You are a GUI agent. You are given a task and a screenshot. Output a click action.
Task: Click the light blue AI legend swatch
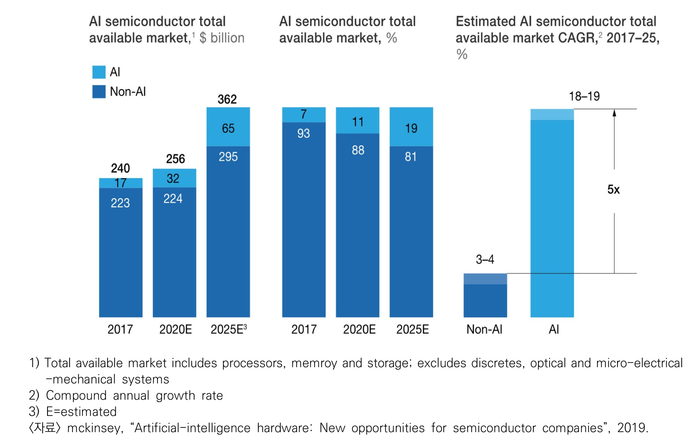[x=99, y=72]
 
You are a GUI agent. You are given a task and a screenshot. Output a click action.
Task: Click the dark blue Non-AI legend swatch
[x=99, y=92]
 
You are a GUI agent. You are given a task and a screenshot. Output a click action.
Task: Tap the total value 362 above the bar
[x=227, y=99]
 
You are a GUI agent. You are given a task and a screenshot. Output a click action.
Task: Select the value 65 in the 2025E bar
[x=228, y=128]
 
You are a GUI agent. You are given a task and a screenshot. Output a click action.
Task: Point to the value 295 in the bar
[x=228, y=157]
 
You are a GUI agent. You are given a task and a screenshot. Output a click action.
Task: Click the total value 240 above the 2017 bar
[x=120, y=168]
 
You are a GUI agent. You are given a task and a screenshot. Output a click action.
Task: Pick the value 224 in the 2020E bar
[x=173, y=199]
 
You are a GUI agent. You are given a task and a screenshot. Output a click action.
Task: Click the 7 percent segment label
[x=304, y=114]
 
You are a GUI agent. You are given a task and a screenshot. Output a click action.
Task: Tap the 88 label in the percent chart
[x=358, y=150]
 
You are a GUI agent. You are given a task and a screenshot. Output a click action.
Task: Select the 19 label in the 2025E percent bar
[x=411, y=128]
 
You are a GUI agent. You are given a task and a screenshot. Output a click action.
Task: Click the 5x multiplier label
[x=613, y=190]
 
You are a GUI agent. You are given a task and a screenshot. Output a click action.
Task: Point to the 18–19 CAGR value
[x=584, y=97]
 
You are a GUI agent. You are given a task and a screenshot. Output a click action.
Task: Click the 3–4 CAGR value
[x=485, y=260]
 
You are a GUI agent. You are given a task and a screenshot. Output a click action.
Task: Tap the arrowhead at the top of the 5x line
[x=614, y=112]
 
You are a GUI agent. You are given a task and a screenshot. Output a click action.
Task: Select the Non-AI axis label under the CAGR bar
[x=484, y=329]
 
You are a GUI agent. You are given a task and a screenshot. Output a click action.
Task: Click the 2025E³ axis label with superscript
[x=229, y=329]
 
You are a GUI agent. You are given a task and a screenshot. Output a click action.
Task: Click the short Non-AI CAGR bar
[x=485, y=295]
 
